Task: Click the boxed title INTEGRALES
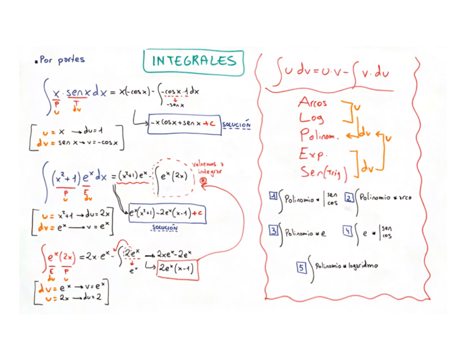tap(193, 62)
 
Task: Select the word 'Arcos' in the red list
tap(313, 102)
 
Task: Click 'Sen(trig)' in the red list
tap(324, 173)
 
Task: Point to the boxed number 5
tap(302, 267)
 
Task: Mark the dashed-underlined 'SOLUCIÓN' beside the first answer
tap(237, 125)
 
